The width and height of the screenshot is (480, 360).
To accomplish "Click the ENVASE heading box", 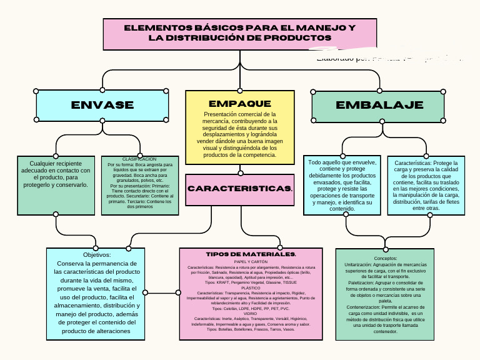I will (x=102, y=105).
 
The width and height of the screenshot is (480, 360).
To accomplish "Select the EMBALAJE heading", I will (x=379, y=105).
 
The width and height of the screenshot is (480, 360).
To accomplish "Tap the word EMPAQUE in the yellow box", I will (x=240, y=103).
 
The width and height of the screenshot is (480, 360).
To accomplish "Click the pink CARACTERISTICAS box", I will (x=240, y=189).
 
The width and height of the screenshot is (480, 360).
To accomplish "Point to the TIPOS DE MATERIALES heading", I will (x=251, y=254).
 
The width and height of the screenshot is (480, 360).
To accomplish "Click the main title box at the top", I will (x=240, y=34).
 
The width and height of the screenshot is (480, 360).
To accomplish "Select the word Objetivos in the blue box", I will (x=96, y=255).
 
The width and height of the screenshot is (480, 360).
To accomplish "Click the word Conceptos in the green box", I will (x=385, y=258).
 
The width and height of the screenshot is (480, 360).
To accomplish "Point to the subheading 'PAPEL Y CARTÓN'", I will (x=251, y=262).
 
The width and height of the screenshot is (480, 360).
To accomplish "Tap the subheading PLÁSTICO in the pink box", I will (x=251, y=287).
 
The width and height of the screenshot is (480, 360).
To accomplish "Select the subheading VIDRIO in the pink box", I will (x=251, y=314).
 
